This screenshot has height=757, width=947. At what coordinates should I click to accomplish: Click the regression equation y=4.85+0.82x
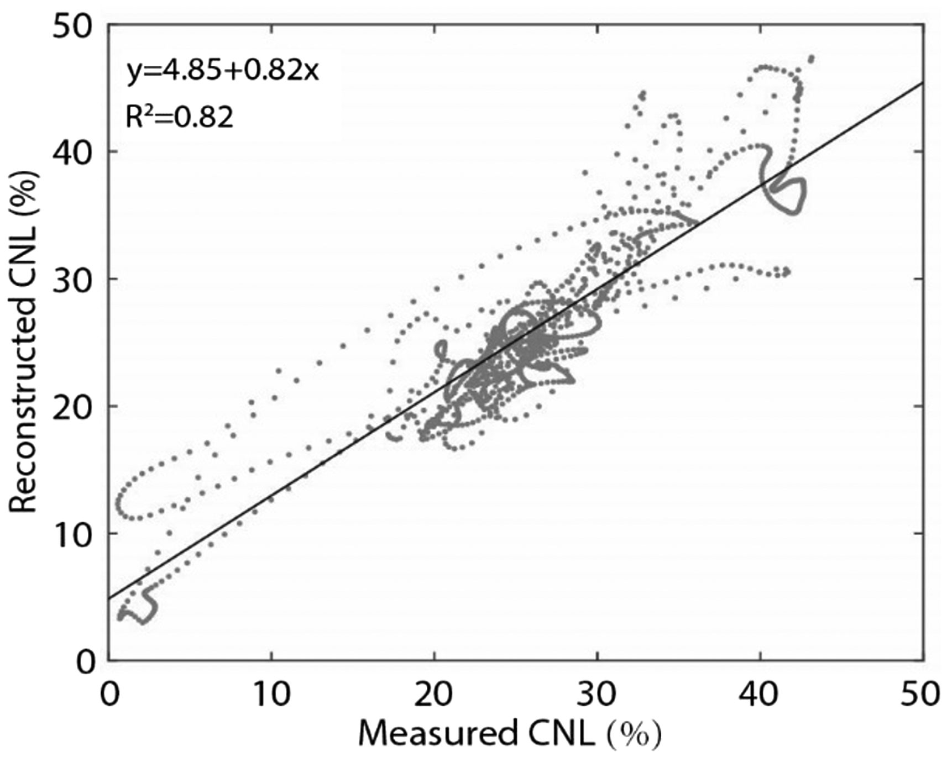[223, 72]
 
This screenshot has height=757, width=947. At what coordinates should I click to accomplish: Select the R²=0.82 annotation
[179, 117]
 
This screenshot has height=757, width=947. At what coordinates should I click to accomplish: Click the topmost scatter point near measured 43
[812, 58]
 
